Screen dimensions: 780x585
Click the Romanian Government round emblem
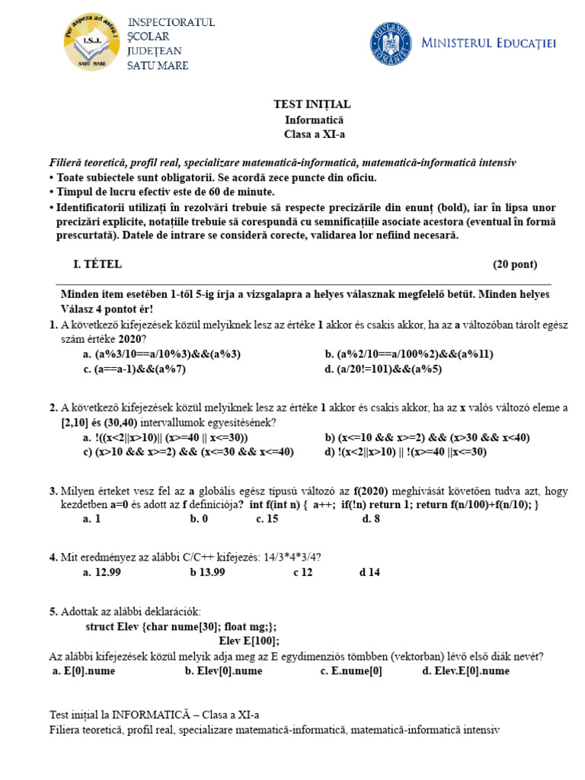pos(390,43)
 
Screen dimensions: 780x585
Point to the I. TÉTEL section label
pos(97,264)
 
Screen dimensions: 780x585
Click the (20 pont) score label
pos(514,264)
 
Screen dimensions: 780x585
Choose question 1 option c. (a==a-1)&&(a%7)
pos(135,369)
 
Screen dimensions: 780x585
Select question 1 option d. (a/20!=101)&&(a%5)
pos(383,369)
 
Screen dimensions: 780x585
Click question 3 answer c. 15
pos(267,519)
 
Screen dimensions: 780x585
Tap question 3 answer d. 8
pos(371,519)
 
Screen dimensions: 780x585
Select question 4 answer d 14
pos(369,573)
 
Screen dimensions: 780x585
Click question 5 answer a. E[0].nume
pos(85,671)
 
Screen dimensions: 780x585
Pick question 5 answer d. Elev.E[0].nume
pos(465,671)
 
